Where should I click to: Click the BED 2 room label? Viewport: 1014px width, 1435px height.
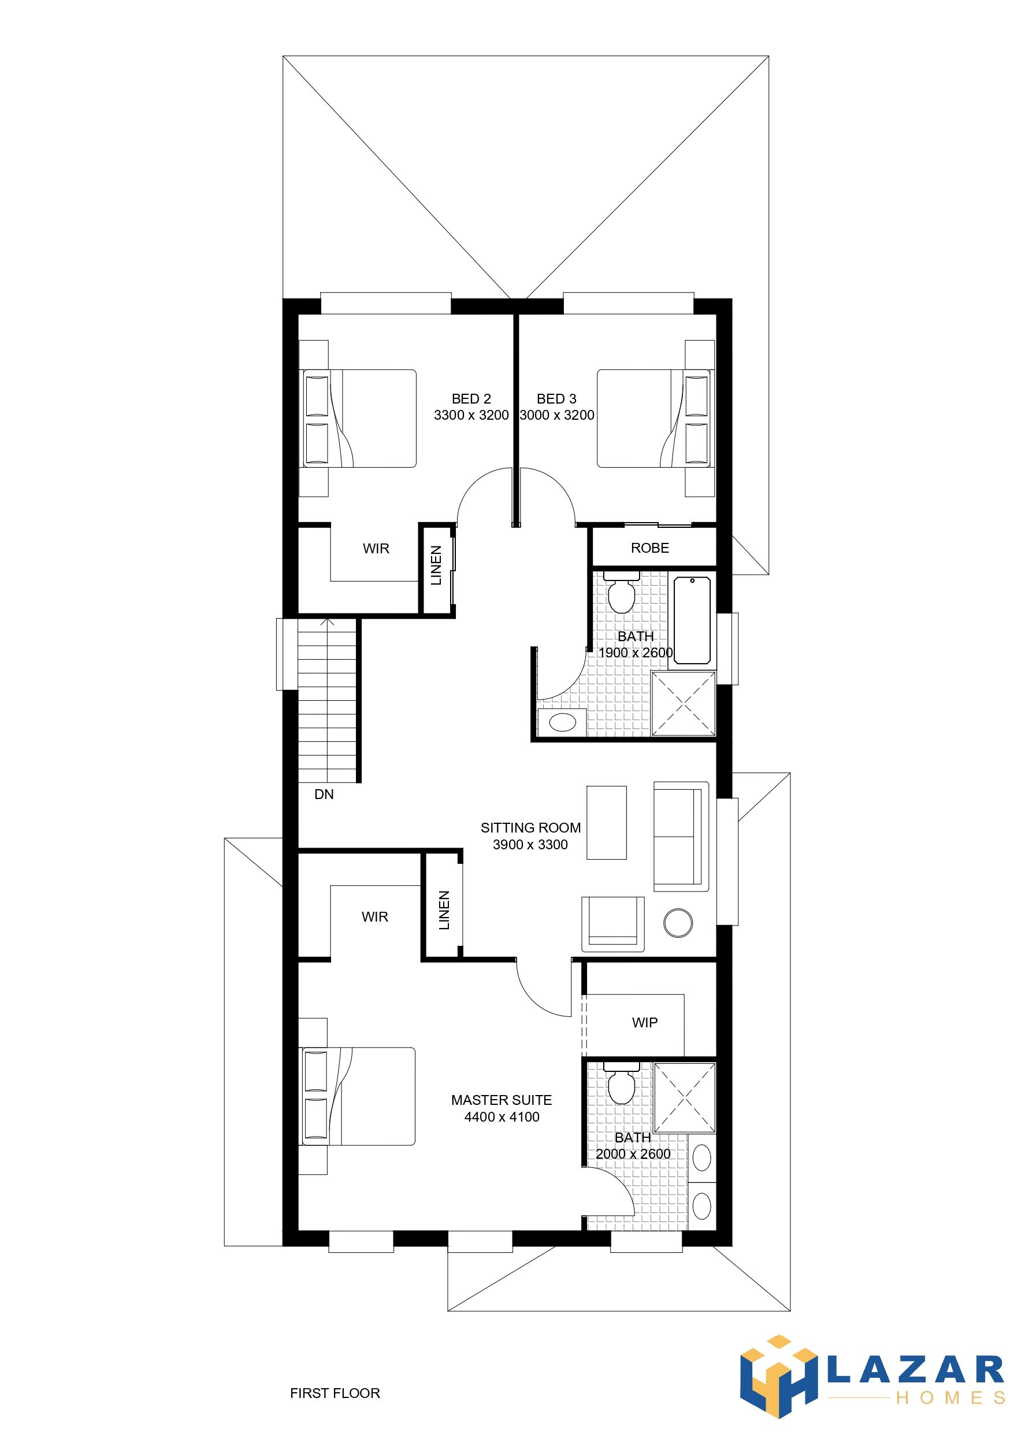(471, 399)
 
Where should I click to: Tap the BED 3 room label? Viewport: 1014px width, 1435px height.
(556, 399)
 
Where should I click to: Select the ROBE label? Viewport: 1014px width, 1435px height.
(650, 548)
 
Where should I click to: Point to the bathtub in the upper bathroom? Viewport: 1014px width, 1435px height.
(692, 620)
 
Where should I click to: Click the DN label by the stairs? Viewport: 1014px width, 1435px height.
(324, 794)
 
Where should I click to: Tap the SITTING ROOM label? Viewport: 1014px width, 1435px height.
(530, 827)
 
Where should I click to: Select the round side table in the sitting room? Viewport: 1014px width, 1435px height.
(678, 923)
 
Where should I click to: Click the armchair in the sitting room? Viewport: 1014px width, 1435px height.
(612, 924)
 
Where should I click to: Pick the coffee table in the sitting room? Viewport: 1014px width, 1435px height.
(606, 823)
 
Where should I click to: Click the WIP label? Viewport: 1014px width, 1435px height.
(645, 1023)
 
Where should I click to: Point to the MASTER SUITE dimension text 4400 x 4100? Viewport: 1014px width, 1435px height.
(502, 1117)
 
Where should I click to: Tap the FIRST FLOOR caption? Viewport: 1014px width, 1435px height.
(335, 1393)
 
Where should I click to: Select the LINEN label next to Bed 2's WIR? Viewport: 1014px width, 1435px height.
(436, 565)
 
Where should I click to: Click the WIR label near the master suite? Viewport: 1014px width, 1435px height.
(375, 917)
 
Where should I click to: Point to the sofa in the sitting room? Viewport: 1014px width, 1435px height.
(681, 836)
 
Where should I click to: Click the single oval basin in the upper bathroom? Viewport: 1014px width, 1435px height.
(562, 723)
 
